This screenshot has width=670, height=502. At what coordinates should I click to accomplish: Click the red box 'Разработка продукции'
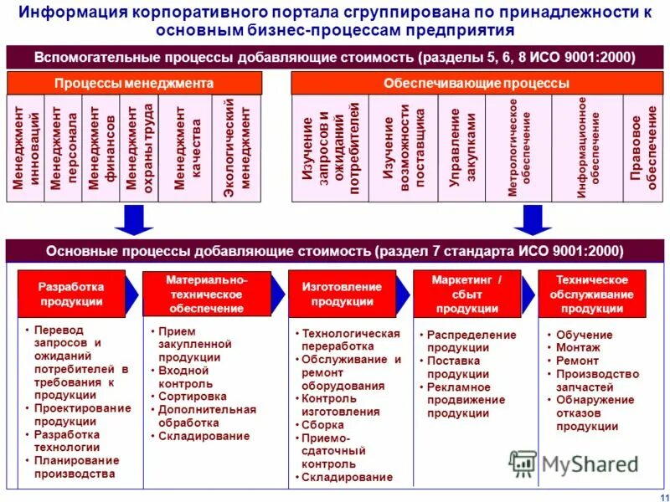point(71,294)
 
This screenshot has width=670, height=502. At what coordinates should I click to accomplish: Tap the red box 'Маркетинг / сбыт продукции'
point(466,294)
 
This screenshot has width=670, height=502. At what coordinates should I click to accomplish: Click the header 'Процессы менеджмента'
point(134,84)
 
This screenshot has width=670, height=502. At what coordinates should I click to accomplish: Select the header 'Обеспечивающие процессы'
point(476,84)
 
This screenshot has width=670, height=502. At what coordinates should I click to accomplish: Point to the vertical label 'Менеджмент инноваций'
point(25,148)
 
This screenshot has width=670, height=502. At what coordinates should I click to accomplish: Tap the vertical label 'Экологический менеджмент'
point(239,148)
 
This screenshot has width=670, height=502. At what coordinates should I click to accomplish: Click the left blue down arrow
point(133,219)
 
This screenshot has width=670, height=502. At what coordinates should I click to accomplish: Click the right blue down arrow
point(532,219)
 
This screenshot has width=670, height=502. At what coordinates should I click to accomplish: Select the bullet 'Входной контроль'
point(186,376)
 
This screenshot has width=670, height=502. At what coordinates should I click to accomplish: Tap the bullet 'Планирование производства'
point(76,467)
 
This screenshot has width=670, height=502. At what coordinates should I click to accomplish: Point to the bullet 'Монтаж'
point(578,347)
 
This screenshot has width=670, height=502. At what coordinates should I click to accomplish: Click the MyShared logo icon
point(523,463)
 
